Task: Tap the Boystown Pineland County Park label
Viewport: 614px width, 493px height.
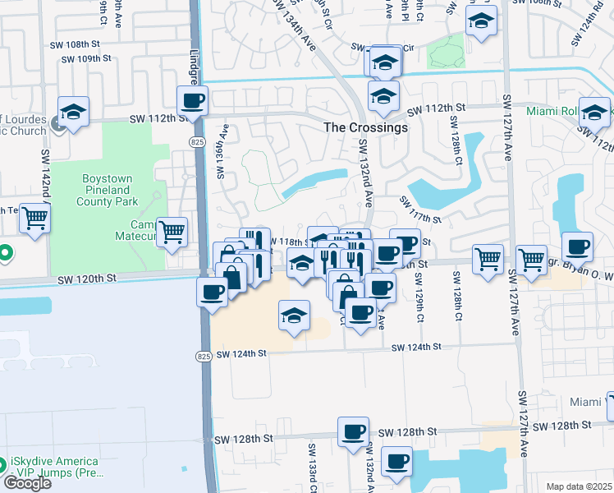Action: click(x=109, y=189)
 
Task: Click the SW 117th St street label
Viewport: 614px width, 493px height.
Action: click(x=420, y=210)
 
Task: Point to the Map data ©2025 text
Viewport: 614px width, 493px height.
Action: click(x=580, y=486)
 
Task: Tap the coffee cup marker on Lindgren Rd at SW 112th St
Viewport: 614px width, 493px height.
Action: click(x=193, y=102)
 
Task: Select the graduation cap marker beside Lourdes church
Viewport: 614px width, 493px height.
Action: click(x=73, y=113)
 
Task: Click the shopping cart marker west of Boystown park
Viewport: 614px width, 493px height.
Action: click(x=35, y=219)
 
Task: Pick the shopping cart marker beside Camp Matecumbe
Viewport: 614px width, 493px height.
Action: click(x=172, y=233)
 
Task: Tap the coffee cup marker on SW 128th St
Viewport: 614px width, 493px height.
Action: click(x=354, y=431)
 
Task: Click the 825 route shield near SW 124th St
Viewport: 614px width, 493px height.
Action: click(x=204, y=355)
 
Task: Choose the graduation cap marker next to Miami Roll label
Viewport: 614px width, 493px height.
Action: click(x=593, y=113)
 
